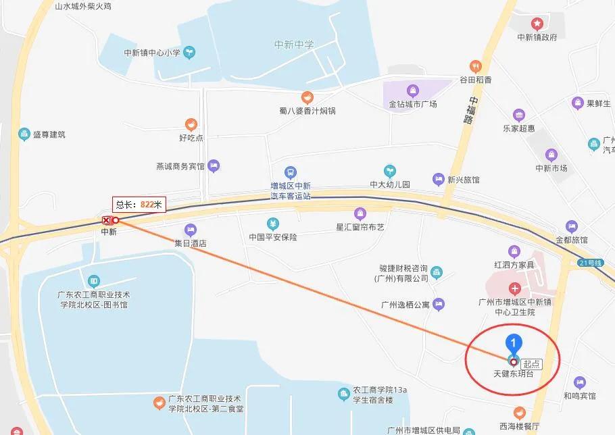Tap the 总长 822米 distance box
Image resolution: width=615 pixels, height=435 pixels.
pyautogui.click(x=139, y=204)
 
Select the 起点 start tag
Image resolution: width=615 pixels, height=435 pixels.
pyautogui.click(x=532, y=363)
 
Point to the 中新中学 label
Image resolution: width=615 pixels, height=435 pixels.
pyautogui.click(x=294, y=45)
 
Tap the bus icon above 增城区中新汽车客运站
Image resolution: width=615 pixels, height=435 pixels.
pyautogui.click(x=291, y=173)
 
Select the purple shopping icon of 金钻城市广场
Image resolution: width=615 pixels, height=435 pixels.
pyautogui.click(x=412, y=91)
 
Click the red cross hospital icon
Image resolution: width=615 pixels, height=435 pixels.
pyautogui.click(x=516, y=288)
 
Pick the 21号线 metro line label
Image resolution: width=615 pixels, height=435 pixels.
pyautogui.click(x=590, y=262)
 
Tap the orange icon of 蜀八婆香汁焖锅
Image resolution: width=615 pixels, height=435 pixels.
pyautogui.click(x=307, y=97)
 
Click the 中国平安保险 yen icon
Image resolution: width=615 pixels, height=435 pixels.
pyautogui.click(x=272, y=224)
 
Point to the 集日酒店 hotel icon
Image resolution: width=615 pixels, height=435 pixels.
pyautogui.click(x=191, y=230)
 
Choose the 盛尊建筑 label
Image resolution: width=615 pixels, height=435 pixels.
pyautogui.click(x=49, y=134)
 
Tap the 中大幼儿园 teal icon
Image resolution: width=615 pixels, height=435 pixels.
pyautogui.click(x=390, y=170)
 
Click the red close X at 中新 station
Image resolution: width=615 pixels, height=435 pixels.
pyautogui.click(x=106, y=220)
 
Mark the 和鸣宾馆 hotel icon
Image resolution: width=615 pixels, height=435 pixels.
pyautogui.click(x=579, y=382)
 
